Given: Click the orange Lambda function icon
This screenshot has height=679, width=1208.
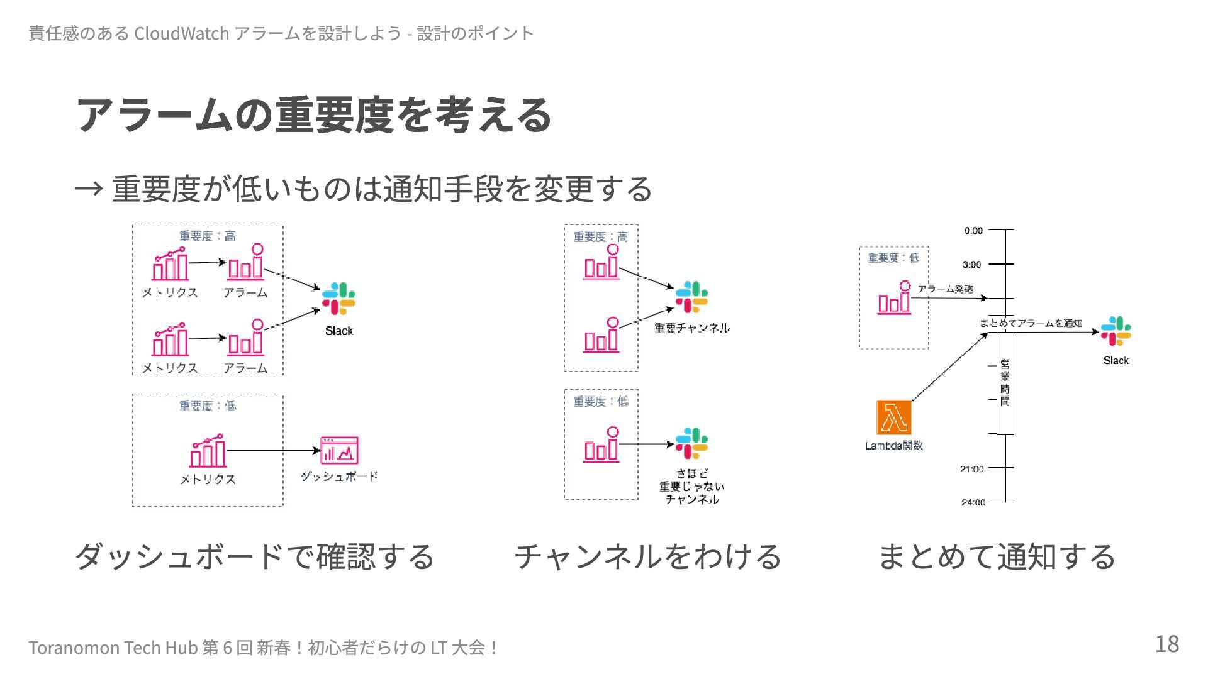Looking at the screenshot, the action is pos(893,417).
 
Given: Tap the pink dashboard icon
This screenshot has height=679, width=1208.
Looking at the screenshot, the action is pos(339,450).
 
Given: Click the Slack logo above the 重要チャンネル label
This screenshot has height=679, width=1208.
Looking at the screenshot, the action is pos(691,297).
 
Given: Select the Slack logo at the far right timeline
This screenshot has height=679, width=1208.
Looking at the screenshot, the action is pos(1116,331).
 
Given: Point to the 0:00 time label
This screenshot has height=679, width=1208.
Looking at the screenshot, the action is pos(973,231).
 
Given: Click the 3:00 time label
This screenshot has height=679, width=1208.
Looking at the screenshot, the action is pos(971,265).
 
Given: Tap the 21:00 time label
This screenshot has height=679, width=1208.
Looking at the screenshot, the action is pos(971,469).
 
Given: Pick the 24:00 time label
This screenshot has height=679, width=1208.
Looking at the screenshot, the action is pos(973,502).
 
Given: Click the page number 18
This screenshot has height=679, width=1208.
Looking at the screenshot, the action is pos(1166,644).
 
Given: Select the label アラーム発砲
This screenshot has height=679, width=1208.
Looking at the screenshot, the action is pos(945,289).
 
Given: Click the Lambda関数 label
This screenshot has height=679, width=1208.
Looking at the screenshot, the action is pos(893,446).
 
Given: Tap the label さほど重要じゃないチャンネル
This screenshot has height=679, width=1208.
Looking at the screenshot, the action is pos(691,487).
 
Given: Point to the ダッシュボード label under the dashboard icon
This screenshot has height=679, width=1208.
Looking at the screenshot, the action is pos(339,477).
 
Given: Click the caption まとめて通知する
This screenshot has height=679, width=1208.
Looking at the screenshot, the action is pos(996,556).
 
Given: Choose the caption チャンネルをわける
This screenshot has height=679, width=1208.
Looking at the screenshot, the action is pos(647,556).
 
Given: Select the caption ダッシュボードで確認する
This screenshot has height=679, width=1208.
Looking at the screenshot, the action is pos(255,556).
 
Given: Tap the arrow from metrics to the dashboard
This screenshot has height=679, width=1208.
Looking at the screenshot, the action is pos(273,451).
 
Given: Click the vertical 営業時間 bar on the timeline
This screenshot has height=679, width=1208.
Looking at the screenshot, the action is pos(1005,383).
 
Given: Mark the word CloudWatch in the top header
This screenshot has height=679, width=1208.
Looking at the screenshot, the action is pos(181,33).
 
